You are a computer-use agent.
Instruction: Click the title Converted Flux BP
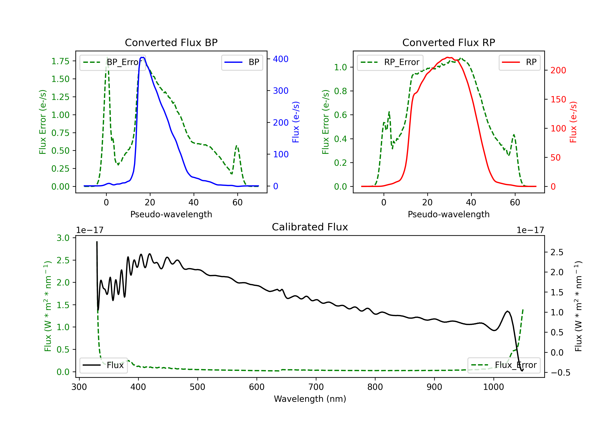[x=171, y=42]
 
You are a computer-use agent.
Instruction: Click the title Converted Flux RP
[x=449, y=42]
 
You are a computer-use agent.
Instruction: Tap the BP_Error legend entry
[x=113, y=62]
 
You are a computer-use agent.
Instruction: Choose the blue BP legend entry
[x=242, y=62]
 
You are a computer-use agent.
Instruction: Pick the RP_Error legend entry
[x=390, y=62]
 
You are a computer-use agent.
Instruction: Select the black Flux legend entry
[x=103, y=365]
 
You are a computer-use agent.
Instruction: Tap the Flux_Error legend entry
[x=504, y=365]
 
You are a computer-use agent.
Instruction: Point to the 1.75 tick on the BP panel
[x=60, y=61]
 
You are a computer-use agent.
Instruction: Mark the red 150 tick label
[x=558, y=100]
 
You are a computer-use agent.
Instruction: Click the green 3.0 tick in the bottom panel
[x=63, y=238]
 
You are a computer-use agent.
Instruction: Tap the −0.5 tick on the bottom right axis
[x=560, y=373]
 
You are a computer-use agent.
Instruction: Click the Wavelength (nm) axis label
[x=310, y=399]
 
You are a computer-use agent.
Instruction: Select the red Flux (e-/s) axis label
[x=573, y=122]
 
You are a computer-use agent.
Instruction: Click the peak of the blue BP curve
[x=142, y=57]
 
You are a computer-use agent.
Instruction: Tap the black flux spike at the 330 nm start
[x=97, y=242]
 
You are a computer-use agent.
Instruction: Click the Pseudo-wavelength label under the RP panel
[x=449, y=214]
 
